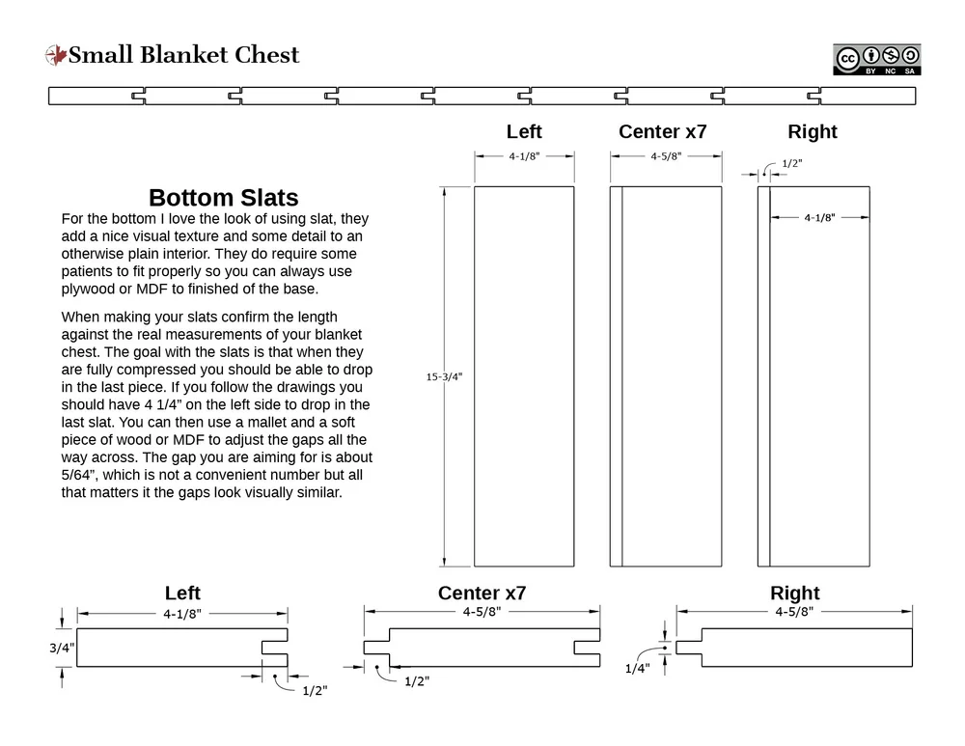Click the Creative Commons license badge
pos(877,60)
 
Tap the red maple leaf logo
pos(56,55)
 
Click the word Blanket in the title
pos(184,55)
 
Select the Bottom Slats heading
pos(224,198)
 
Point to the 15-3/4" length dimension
pos(444,376)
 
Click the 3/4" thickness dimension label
pos(62,648)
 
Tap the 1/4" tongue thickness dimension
pos(638,669)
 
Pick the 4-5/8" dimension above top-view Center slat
pos(666,156)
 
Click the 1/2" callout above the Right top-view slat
pos(792,163)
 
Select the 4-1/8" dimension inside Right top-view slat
pos(819,217)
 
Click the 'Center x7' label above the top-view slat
pos(663,131)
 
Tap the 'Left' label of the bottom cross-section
pos(182,593)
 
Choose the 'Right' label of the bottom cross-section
pos(794,593)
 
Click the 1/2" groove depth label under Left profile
pos(315,691)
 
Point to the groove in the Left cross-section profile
pos(274,648)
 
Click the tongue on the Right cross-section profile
pos(689,648)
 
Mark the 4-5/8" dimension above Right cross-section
pos(794,611)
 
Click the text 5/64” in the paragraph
pos(82,475)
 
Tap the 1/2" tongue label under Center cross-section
pos(417,681)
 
